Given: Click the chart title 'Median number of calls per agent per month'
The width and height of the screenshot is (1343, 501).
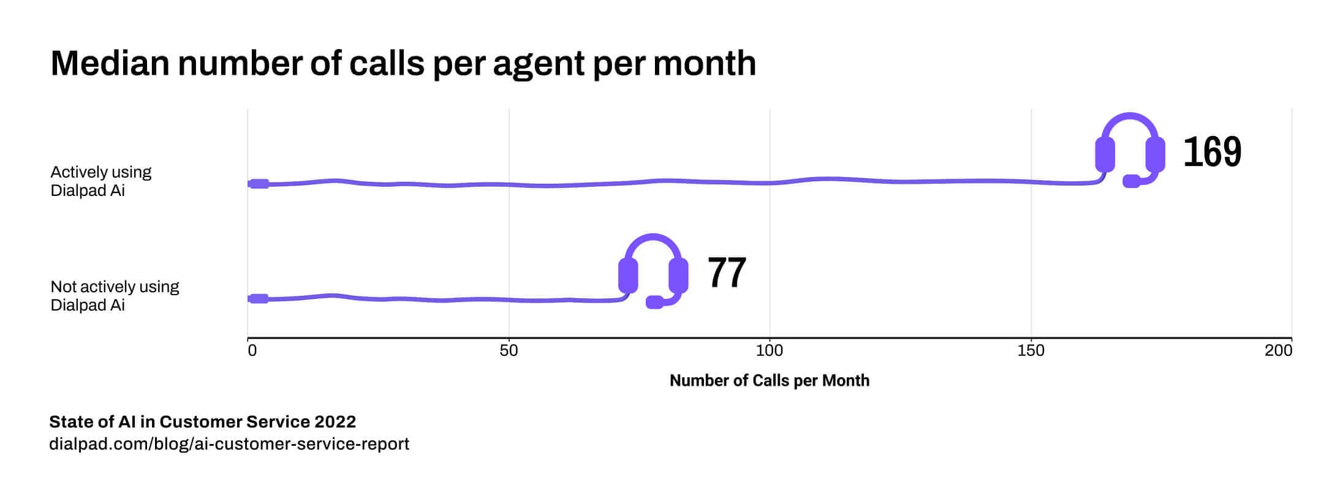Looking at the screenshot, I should (x=403, y=63).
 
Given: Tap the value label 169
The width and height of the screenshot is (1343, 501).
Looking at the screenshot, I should (x=1212, y=152).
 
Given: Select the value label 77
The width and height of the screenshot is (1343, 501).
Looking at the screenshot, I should (x=727, y=273).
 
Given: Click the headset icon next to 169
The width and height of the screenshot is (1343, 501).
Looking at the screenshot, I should (x=1130, y=150).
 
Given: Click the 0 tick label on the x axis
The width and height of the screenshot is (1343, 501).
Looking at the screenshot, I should (x=252, y=351).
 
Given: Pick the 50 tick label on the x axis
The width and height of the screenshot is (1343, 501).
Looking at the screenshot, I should (x=509, y=351).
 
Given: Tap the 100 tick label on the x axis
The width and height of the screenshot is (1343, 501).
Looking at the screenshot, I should (x=770, y=351).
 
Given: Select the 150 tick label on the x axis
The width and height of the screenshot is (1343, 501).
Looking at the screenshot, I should (x=1031, y=351).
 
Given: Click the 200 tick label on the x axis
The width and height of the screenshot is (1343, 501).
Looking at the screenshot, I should (x=1279, y=351).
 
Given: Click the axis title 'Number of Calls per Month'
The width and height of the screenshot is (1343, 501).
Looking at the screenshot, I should (x=770, y=380).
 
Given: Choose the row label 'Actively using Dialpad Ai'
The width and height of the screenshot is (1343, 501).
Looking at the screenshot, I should (x=100, y=181).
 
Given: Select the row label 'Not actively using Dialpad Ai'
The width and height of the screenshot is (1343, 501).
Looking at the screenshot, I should (x=115, y=296).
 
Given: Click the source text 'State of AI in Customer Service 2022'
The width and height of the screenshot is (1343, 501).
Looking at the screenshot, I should (x=202, y=422).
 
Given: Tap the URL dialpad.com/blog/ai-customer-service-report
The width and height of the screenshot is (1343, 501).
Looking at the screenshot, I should (x=229, y=444).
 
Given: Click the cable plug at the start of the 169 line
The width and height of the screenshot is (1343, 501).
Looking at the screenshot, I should (x=259, y=184).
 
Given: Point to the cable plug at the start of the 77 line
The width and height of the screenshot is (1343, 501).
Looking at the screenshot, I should (x=259, y=299).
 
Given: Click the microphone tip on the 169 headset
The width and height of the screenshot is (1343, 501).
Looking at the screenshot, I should (x=1131, y=181).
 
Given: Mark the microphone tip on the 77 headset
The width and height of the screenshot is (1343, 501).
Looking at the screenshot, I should (x=654, y=302).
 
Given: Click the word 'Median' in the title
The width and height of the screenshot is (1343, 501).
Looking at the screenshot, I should (x=110, y=63).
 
